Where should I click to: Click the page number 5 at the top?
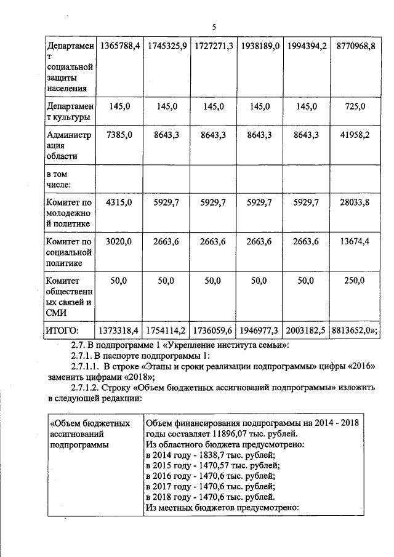[x=214, y=28]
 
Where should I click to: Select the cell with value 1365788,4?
[x=121, y=46]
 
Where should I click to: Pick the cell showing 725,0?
[x=355, y=106]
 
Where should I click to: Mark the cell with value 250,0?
[x=355, y=281]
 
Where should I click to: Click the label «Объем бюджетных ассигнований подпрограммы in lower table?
[x=89, y=433]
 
